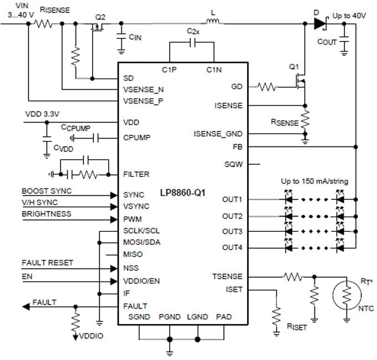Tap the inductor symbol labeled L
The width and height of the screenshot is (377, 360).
coord(213,23)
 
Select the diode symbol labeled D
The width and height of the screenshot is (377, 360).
coord(319,23)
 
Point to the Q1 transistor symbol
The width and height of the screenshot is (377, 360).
coord(299,82)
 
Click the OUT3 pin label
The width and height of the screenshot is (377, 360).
coord(232,231)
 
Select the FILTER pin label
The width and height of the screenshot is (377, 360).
coord(136,174)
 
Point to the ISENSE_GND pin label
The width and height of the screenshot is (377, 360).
coord(218,134)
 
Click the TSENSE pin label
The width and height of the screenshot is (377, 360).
coord(227,276)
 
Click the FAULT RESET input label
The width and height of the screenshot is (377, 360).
coord(47,262)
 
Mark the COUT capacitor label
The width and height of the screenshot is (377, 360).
coord(327,42)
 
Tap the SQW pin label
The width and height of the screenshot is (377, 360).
coord(233,164)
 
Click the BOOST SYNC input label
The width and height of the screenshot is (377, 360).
coord(47,191)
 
